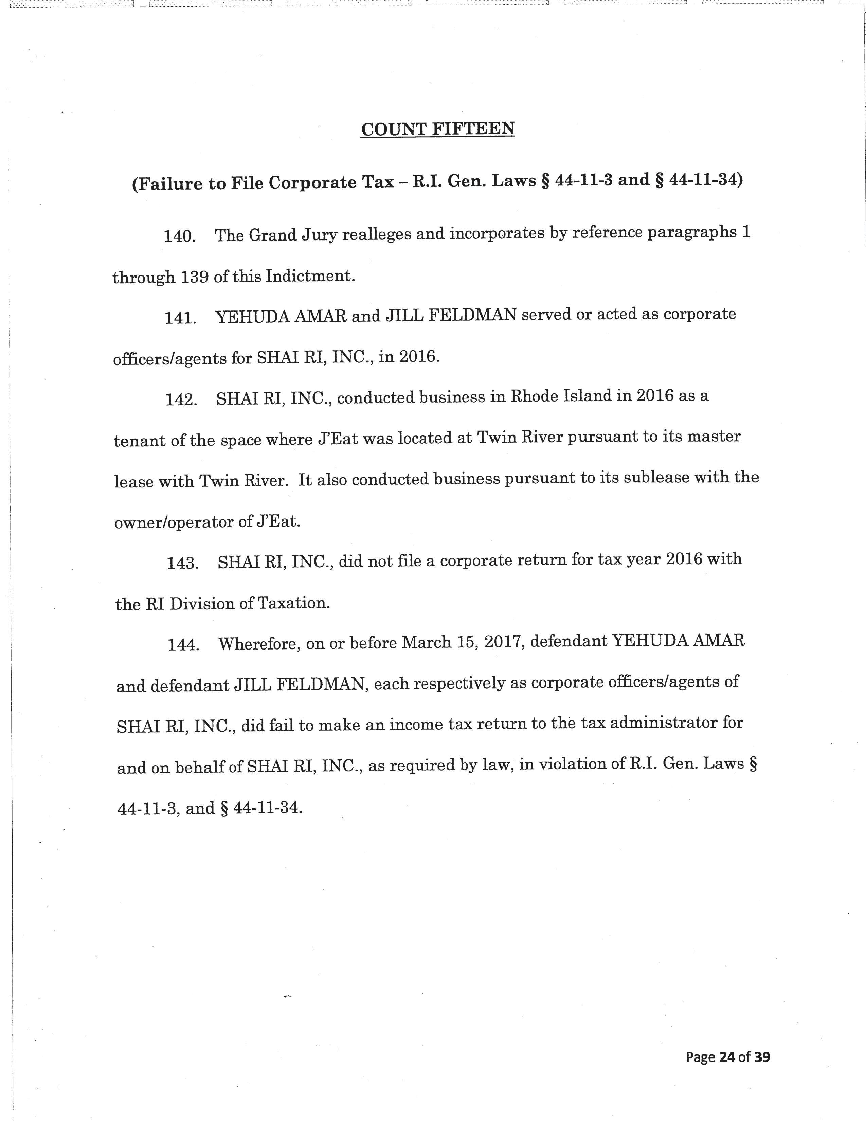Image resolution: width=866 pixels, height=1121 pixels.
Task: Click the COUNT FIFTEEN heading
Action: tap(438, 129)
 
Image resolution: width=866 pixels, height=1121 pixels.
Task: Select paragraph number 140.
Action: tap(180, 237)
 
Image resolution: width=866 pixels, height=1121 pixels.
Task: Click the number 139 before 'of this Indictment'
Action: tap(195, 277)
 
